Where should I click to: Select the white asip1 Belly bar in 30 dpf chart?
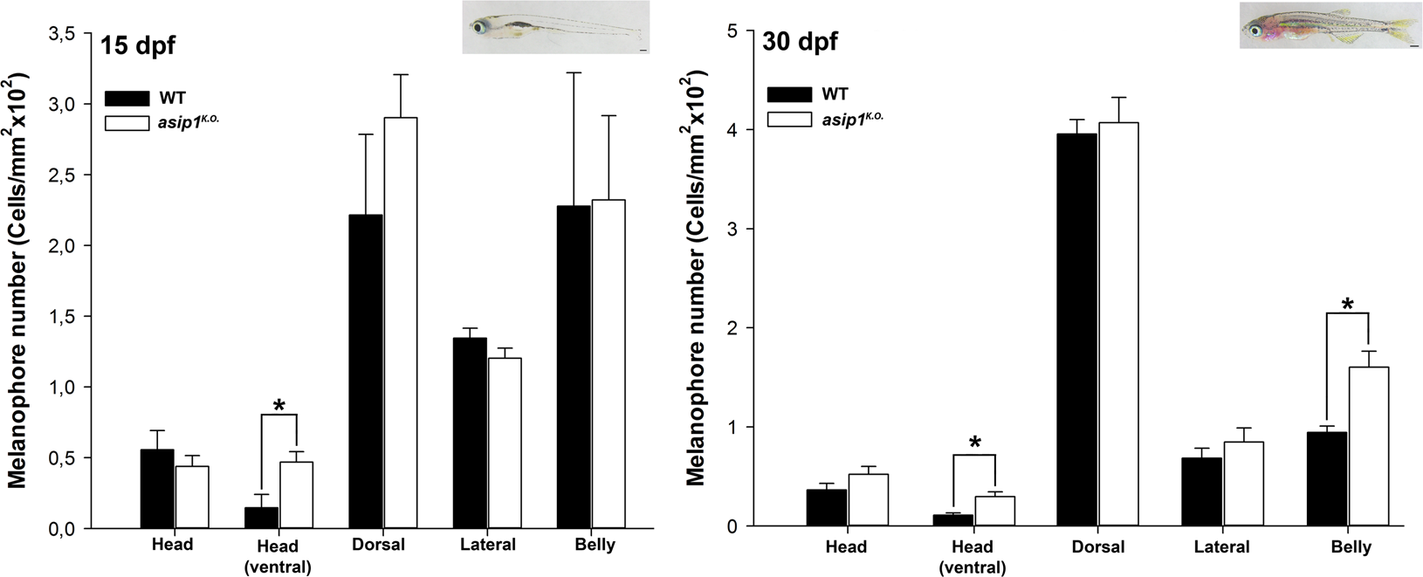pyautogui.click(x=1369, y=446)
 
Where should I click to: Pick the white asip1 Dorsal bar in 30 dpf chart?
pyautogui.click(x=1119, y=324)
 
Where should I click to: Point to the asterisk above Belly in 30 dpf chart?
pyautogui.click(x=1348, y=306)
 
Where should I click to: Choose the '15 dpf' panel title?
pyautogui.click(x=136, y=45)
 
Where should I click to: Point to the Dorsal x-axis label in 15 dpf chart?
pyautogui.click(x=378, y=545)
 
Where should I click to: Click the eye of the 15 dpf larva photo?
pyautogui.click(x=480, y=27)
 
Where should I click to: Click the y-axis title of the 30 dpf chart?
pyautogui.click(x=696, y=277)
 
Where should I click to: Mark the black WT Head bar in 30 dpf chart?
pyautogui.click(x=826, y=507)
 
